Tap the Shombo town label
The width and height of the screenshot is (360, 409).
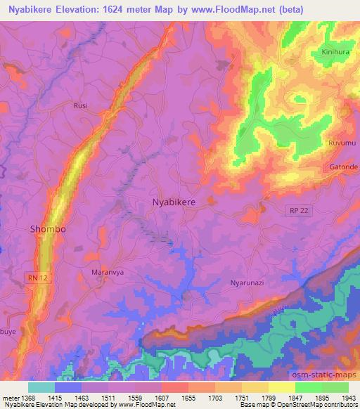[48, 229]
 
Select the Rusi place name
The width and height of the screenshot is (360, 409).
[80, 105]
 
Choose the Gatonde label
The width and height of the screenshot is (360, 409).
[343, 167]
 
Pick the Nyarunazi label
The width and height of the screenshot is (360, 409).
[246, 283]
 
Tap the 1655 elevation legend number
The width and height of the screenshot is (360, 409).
[187, 398]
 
